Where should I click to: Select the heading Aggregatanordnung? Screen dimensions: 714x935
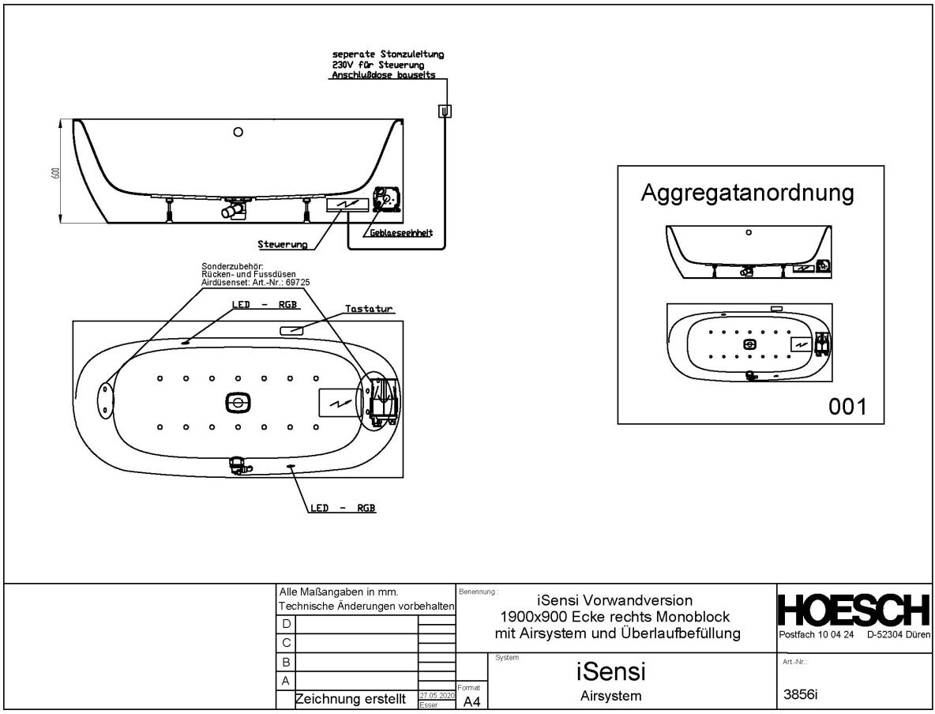click(747, 194)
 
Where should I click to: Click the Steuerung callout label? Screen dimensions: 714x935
click(282, 245)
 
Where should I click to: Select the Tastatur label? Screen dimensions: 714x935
click(368, 309)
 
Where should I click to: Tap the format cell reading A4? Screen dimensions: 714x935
click(471, 701)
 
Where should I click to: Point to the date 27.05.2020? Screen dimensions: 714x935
click(436, 694)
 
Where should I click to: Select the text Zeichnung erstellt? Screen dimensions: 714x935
click(351, 699)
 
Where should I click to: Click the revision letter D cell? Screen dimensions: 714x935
click(286, 624)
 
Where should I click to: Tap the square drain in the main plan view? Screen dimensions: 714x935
click(237, 403)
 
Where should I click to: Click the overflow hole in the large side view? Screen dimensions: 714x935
click(238, 133)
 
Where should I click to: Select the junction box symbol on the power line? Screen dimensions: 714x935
click(445, 111)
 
